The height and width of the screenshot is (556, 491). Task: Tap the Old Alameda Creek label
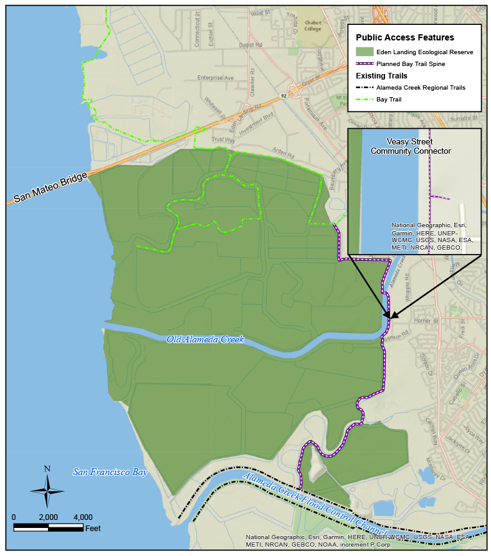point(205,339)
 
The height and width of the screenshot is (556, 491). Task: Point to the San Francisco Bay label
point(110,472)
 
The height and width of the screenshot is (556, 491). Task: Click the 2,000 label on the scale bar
point(48,517)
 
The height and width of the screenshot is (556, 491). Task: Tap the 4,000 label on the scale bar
point(83,517)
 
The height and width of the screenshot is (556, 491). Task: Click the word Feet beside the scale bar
point(93,529)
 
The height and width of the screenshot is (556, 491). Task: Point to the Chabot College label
point(312,25)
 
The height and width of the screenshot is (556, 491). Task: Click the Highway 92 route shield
point(284,95)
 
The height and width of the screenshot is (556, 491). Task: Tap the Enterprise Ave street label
point(215,78)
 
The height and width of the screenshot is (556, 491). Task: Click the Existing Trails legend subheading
point(381,76)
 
